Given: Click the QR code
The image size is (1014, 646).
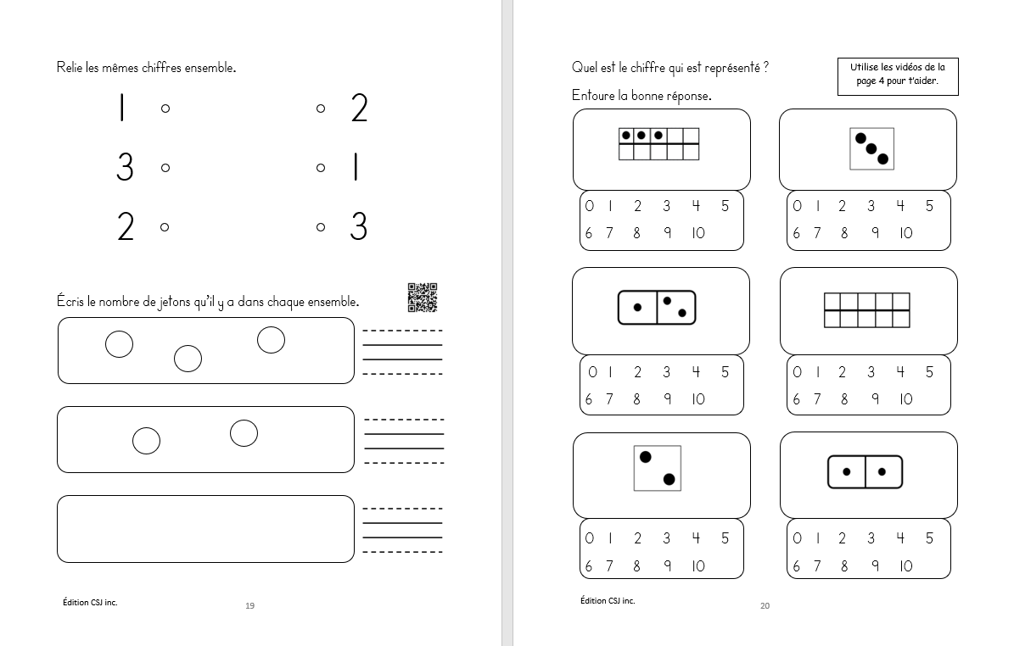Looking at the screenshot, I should coord(422,297).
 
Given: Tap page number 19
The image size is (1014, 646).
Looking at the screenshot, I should coord(249,605).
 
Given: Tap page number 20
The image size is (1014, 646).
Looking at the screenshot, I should coord(765,605).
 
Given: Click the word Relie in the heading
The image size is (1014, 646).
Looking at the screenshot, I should coord(70,68).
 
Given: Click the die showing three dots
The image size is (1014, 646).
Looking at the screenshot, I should coord(871,148).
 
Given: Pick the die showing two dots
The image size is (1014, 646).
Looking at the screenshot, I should coord(657,468).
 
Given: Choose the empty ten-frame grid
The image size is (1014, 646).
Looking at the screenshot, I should coord(867,310).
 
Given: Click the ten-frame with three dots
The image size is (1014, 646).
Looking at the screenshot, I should coord(659,143).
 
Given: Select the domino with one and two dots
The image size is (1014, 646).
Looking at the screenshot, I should coord(657,307).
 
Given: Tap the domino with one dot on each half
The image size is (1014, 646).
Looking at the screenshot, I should coord(865,472).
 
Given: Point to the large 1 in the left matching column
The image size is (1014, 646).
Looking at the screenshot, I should coord(122,109).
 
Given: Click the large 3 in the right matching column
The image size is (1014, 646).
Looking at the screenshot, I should coord(359,227).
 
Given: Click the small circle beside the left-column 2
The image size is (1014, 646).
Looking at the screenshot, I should coord(165,226).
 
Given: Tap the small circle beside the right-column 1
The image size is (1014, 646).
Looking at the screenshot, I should coord(321,168).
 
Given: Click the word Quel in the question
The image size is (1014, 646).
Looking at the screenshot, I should coord(584,68).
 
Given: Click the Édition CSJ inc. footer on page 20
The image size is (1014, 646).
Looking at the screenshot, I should coord(608,600).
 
